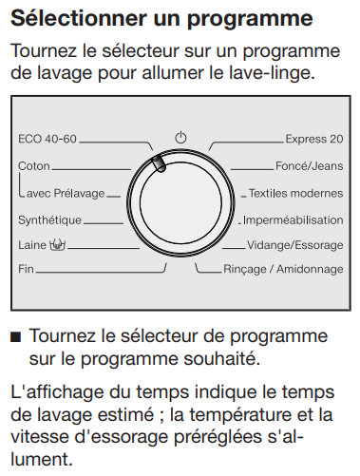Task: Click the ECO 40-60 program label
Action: pyautogui.click(x=47, y=139)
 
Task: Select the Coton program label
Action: pyautogui.click(x=34, y=166)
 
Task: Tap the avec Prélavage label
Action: pyautogui.click(x=66, y=193)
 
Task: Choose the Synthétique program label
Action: pyautogui.click(x=49, y=220)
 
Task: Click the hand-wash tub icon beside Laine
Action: pyautogui.click(x=57, y=244)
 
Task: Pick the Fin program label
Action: pyautogui.click(x=26, y=269)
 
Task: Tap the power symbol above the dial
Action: pyautogui.click(x=180, y=138)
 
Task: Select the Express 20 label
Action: pyautogui.click(x=314, y=139)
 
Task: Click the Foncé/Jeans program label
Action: pyautogui.click(x=310, y=166)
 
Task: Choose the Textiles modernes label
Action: pyautogui.click(x=296, y=193)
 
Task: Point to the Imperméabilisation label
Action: pyautogui.click(x=294, y=220)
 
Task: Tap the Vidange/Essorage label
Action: pyautogui.click(x=295, y=245)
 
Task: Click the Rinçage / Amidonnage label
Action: pyautogui.click(x=283, y=269)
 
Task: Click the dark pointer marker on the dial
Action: pyautogui.click(x=159, y=163)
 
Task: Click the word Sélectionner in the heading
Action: pyautogui.click(x=79, y=18)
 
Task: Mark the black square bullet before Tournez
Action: pyautogui.click(x=15, y=336)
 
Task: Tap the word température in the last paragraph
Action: pyautogui.click(x=240, y=415)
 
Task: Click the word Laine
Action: pyautogui.click(x=32, y=245)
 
